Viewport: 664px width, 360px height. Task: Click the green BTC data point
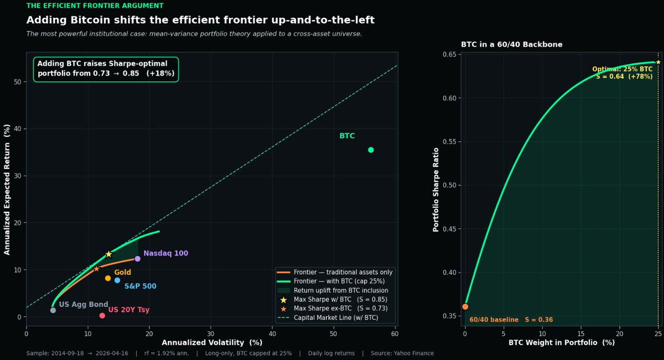(x=371, y=150)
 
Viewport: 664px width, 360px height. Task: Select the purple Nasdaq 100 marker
(x=137, y=259)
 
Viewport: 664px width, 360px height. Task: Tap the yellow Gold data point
(x=108, y=278)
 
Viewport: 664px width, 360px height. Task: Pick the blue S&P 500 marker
(x=117, y=280)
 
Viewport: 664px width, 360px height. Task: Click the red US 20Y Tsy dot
(x=102, y=316)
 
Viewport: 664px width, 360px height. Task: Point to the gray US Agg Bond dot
(x=53, y=310)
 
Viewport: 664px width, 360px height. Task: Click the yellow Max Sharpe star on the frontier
(x=108, y=254)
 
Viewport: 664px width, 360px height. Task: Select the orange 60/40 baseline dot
(x=465, y=306)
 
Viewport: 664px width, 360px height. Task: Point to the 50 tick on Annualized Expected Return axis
(x=18, y=82)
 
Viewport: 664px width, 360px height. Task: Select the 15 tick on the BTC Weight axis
(x=581, y=333)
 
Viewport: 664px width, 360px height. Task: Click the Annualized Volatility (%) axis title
(x=212, y=342)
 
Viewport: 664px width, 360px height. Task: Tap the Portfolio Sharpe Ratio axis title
(x=436, y=189)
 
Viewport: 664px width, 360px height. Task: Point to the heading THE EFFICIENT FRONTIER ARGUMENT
(x=95, y=6)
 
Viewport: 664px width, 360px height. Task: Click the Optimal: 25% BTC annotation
(x=622, y=70)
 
